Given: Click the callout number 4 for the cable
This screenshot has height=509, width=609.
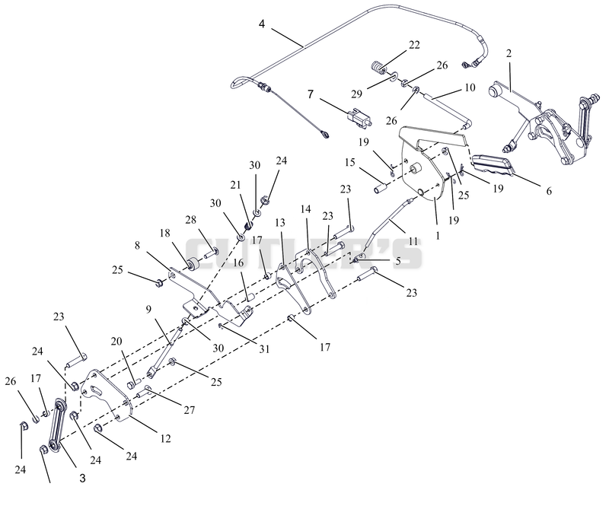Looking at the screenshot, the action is [x=262, y=24].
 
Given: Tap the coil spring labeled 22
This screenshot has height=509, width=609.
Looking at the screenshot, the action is [x=378, y=68].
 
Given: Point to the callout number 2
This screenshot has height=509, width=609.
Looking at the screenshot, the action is [x=509, y=53].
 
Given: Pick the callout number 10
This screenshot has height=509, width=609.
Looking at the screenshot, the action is [x=470, y=87].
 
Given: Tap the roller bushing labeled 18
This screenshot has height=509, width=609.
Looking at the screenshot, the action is [x=193, y=265].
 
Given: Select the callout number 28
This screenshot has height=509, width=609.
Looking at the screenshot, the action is [x=191, y=219].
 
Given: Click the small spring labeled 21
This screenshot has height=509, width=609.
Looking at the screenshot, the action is [x=248, y=224].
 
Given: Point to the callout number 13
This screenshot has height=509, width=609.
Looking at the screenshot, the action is [x=280, y=222].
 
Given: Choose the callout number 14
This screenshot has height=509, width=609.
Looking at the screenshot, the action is [x=306, y=209].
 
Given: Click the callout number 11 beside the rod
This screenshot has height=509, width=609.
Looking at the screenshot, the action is [x=413, y=242].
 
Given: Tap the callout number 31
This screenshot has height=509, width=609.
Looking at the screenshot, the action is [x=264, y=349].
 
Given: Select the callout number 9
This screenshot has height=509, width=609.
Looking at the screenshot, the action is [x=148, y=310].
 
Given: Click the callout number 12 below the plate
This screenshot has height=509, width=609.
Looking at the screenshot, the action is [x=165, y=439].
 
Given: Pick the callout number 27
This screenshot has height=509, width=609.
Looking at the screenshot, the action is [x=189, y=409].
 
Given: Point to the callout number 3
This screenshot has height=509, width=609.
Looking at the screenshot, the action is [x=82, y=479].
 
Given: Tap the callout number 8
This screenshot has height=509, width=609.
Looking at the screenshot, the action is [x=137, y=246].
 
